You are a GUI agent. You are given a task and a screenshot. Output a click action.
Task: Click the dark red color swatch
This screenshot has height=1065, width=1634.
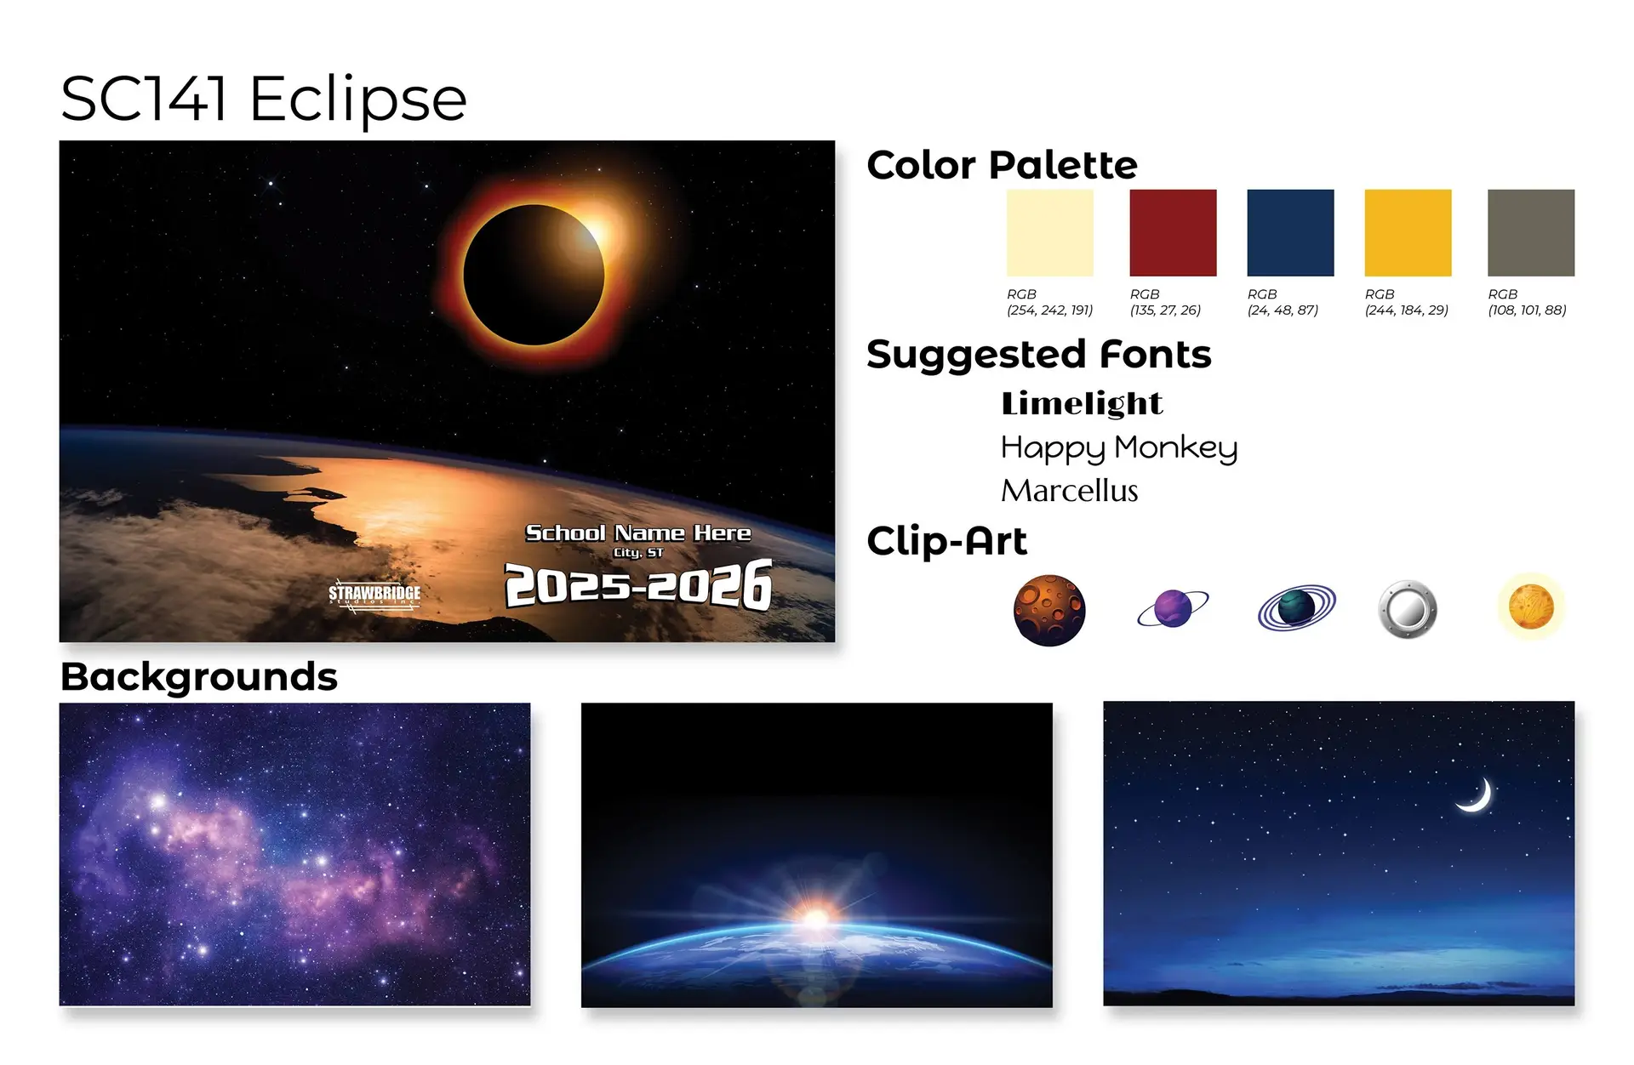[x=1173, y=232]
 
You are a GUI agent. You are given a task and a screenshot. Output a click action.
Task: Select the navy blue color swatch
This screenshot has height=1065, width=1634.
[x=1290, y=232]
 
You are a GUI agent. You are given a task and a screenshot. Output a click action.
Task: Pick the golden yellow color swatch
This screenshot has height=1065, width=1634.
[x=1408, y=232]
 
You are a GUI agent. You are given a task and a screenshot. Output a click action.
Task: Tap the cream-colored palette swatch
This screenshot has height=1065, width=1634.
[x=1049, y=232]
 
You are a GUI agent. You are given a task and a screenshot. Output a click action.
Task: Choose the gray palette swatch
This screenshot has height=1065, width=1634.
[x=1531, y=232]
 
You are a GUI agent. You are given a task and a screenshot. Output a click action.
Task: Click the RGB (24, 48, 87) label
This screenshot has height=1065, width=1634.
[x=1283, y=302]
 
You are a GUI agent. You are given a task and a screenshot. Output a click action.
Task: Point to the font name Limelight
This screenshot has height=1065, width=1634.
[x=1082, y=403]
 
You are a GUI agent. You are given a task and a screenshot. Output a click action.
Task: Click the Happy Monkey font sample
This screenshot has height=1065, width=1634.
[x=1119, y=447]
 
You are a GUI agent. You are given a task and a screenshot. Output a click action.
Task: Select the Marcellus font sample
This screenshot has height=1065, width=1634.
[x=1070, y=491]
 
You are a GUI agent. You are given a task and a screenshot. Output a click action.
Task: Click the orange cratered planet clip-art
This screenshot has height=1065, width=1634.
[x=1049, y=610]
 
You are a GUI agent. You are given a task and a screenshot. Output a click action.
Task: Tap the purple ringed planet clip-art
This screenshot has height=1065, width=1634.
[x=1173, y=608]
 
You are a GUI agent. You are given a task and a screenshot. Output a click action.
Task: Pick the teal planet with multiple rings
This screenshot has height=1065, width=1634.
[x=1296, y=607]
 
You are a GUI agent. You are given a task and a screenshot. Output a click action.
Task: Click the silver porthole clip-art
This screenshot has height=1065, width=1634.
[x=1408, y=609]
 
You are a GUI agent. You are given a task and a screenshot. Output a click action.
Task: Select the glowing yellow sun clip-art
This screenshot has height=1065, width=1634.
[x=1531, y=607]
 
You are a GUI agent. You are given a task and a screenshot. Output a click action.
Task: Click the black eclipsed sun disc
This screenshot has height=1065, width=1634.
[x=534, y=275]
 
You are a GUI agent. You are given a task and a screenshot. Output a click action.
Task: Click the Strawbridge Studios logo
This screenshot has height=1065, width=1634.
[x=374, y=595]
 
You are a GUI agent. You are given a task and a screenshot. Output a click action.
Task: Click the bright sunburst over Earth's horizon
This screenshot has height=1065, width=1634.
[x=816, y=918]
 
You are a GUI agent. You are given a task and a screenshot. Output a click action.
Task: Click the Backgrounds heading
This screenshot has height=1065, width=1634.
[x=199, y=677]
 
